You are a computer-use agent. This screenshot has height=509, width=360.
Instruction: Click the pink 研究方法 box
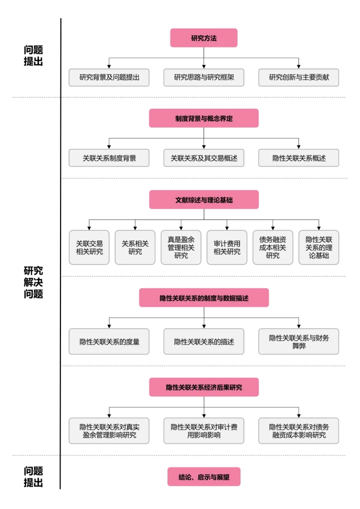pyautogui.click(x=203, y=38)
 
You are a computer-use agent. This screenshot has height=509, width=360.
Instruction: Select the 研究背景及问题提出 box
pyautogui.click(x=109, y=77)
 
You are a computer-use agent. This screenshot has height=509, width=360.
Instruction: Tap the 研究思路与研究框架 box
pyautogui.click(x=203, y=77)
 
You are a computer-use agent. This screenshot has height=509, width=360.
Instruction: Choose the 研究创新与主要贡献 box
pyautogui.click(x=298, y=77)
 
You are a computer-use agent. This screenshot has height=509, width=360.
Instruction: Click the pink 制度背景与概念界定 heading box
pyautogui.click(x=203, y=118)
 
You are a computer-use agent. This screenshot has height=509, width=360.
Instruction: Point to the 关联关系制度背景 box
pyautogui.click(x=109, y=158)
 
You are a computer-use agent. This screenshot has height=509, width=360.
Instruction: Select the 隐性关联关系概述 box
pyautogui.click(x=298, y=158)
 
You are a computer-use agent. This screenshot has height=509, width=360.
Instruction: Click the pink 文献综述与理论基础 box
pyautogui.click(x=203, y=199)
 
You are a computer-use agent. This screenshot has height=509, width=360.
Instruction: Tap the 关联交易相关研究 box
pyautogui.click(x=89, y=247)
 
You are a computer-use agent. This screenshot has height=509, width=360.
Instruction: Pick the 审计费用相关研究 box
pyautogui.click(x=227, y=247)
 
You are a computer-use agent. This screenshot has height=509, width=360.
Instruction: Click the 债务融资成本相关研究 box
pyautogui.click(x=272, y=247)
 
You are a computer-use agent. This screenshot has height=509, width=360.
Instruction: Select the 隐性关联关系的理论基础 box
pyautogui.click(x=318, y=247)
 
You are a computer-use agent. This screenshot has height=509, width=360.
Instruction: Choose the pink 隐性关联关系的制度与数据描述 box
pyautogui.click(x=203, y=298)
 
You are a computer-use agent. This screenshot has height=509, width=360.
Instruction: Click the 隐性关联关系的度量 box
pyautogui.click(x=109, y=341)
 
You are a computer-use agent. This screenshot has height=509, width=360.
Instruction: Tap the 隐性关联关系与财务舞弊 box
pyautogui.click(x=298, y=341)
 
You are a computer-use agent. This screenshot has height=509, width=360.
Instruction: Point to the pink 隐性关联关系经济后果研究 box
pyautogui.click(x=203, y=387)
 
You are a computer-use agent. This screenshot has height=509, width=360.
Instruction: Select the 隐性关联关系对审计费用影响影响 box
pyautogui.click(x=203, y=431)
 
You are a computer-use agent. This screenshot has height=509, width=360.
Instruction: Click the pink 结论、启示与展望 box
pyautogui.click(x=203, y=477)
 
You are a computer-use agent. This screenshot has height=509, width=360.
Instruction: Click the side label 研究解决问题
pyautogui.click(x=33, y=282)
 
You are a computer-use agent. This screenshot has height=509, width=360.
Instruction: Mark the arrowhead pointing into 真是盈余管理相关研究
pyautogui.click(x=181, y=227)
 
